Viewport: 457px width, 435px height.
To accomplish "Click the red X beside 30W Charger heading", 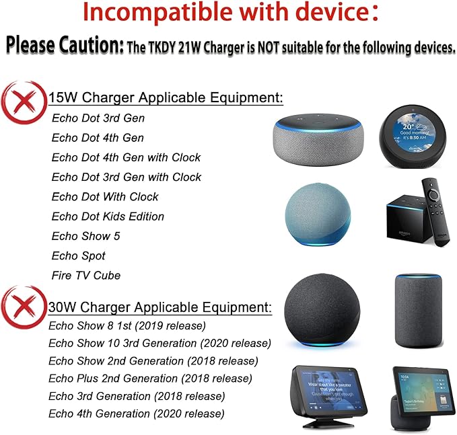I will (x=24, y=307).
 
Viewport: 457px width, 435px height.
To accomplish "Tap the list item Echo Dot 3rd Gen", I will (x=98, y=118).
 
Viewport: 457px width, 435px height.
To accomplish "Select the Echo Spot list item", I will (x=79, y=255).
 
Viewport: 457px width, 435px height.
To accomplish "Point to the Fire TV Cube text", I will (x=86, y=275).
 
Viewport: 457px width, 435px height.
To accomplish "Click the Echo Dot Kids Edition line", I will (x=108, y=216).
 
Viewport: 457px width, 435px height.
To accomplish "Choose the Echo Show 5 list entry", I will (x=85, y=236).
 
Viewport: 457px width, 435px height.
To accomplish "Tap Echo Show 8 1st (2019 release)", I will (x=127, y=325).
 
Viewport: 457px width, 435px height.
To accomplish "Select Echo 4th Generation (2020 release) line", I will (x=137, y=413).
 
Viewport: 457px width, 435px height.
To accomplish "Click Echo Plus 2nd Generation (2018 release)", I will (x=150, y=379).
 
